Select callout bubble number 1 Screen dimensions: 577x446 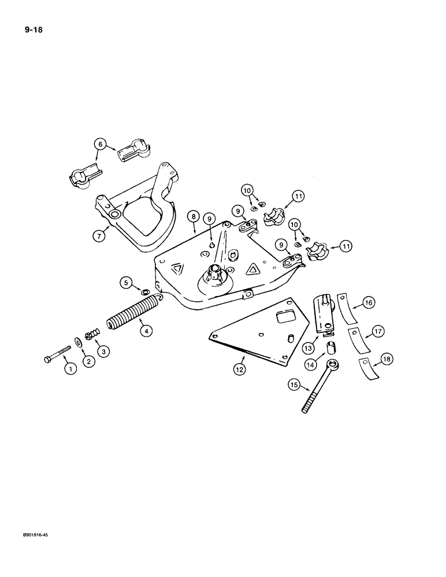pos(69,368)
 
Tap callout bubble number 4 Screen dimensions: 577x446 pos(146,331)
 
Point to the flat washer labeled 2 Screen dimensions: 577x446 pos(77,339)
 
